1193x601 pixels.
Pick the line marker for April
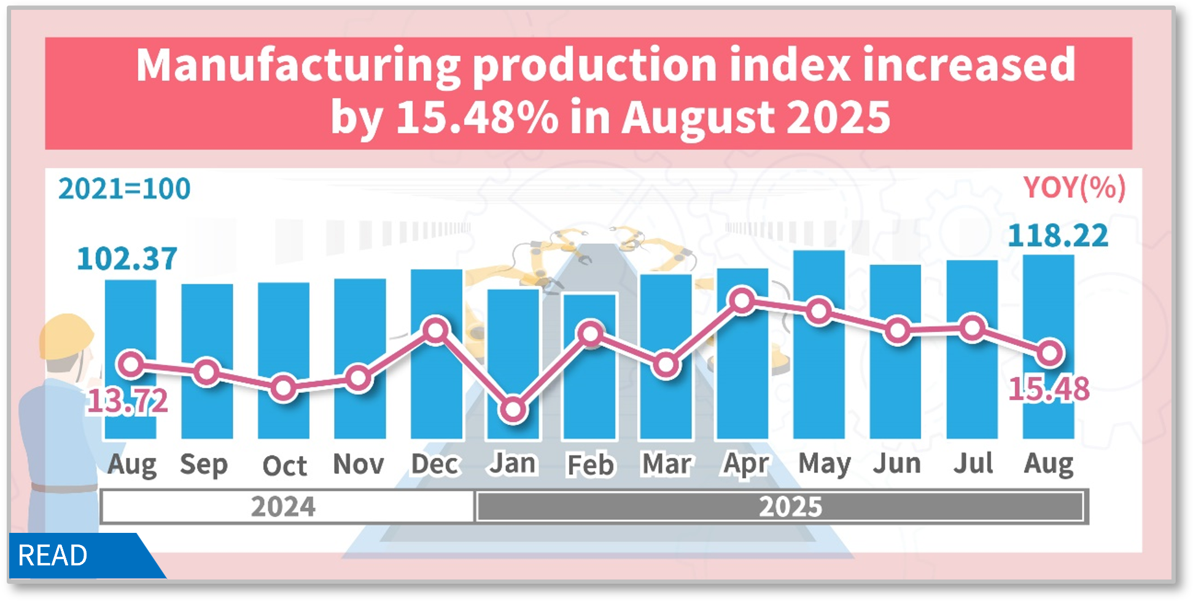coord(743,301)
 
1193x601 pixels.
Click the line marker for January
coord(513,409)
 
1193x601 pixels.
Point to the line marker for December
coord(436,331)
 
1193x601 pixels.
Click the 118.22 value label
coord(1058,236)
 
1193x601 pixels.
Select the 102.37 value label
coord(127,259)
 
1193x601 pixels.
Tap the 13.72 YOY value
coord(127,402)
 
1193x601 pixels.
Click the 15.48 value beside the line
coord(1049,389)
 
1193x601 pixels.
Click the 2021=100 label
coord(125,188)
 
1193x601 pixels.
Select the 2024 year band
coord(284,506)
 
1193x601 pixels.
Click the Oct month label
coord(284,466)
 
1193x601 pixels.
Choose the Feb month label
coord(590,465)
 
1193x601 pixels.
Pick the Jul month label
coord(973,463)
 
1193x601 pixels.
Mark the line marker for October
coord(284,388)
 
